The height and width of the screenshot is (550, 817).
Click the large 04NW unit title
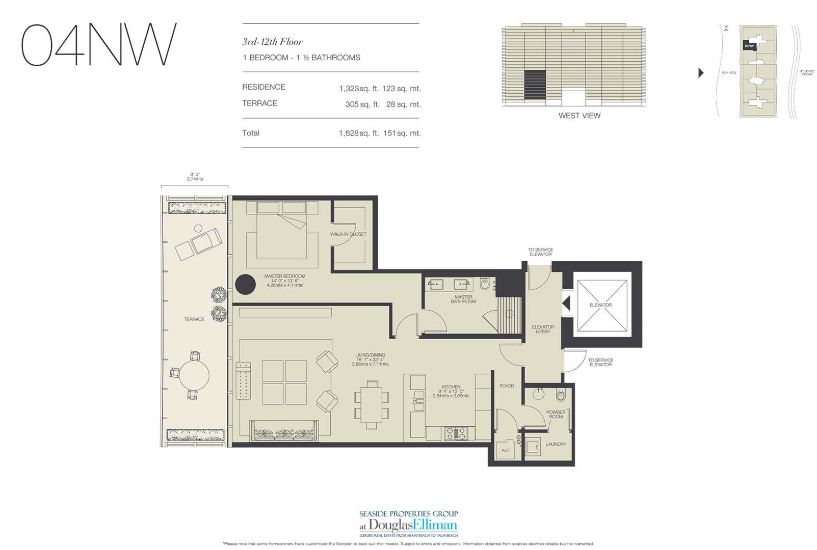tap(98, 44)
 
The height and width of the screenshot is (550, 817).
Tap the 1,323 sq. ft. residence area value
tap(359, 89)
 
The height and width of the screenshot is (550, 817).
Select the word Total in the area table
tap(251, 133)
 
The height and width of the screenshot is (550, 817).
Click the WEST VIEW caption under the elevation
tap(579, 116)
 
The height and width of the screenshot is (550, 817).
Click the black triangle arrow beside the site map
tap(701, 73)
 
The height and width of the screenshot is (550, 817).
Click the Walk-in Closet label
tap(348, 234)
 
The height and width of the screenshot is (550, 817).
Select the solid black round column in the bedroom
tap(245, 284)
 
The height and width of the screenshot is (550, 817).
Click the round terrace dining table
tap(194, 375)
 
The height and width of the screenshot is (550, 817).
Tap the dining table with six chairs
tap(372, 405)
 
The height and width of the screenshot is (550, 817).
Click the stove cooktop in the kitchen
tap(456, 433)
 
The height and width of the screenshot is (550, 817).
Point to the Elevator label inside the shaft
tap(600, 305)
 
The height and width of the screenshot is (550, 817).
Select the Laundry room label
tap(556, 444)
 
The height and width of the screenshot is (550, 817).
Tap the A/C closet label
tap(506, 451)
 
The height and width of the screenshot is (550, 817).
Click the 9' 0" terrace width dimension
tap(194, 176)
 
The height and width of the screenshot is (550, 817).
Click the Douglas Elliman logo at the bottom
tap(408, 525)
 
